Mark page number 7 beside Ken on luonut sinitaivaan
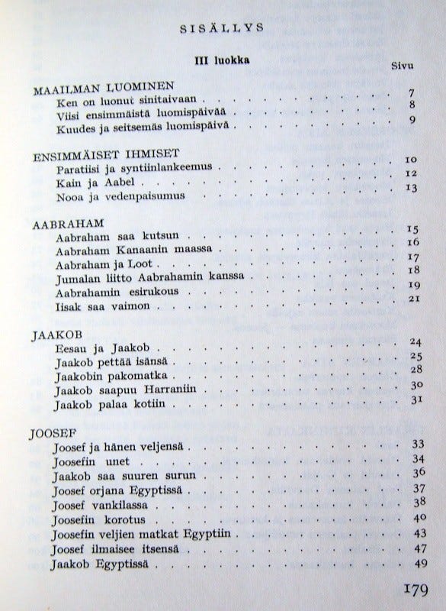pos(410,94)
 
